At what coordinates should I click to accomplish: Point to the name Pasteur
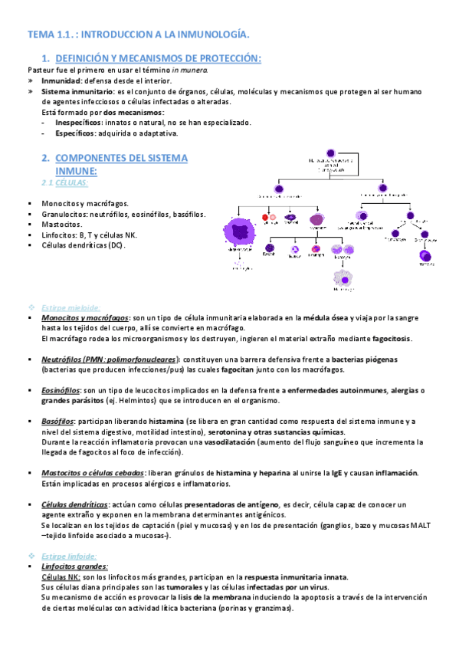click(x=43, y=70)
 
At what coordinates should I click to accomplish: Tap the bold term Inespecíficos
click(x=81, y=122)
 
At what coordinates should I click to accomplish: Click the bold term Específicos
click(x=77, y=133)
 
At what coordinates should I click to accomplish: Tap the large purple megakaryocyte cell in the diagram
click(x=238, y=232)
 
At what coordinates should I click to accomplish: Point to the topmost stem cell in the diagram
click(x=330, y=153)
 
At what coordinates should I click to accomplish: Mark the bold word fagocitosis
click(x=389, y=338)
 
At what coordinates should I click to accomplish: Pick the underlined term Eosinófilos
click(x=61, y=390)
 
